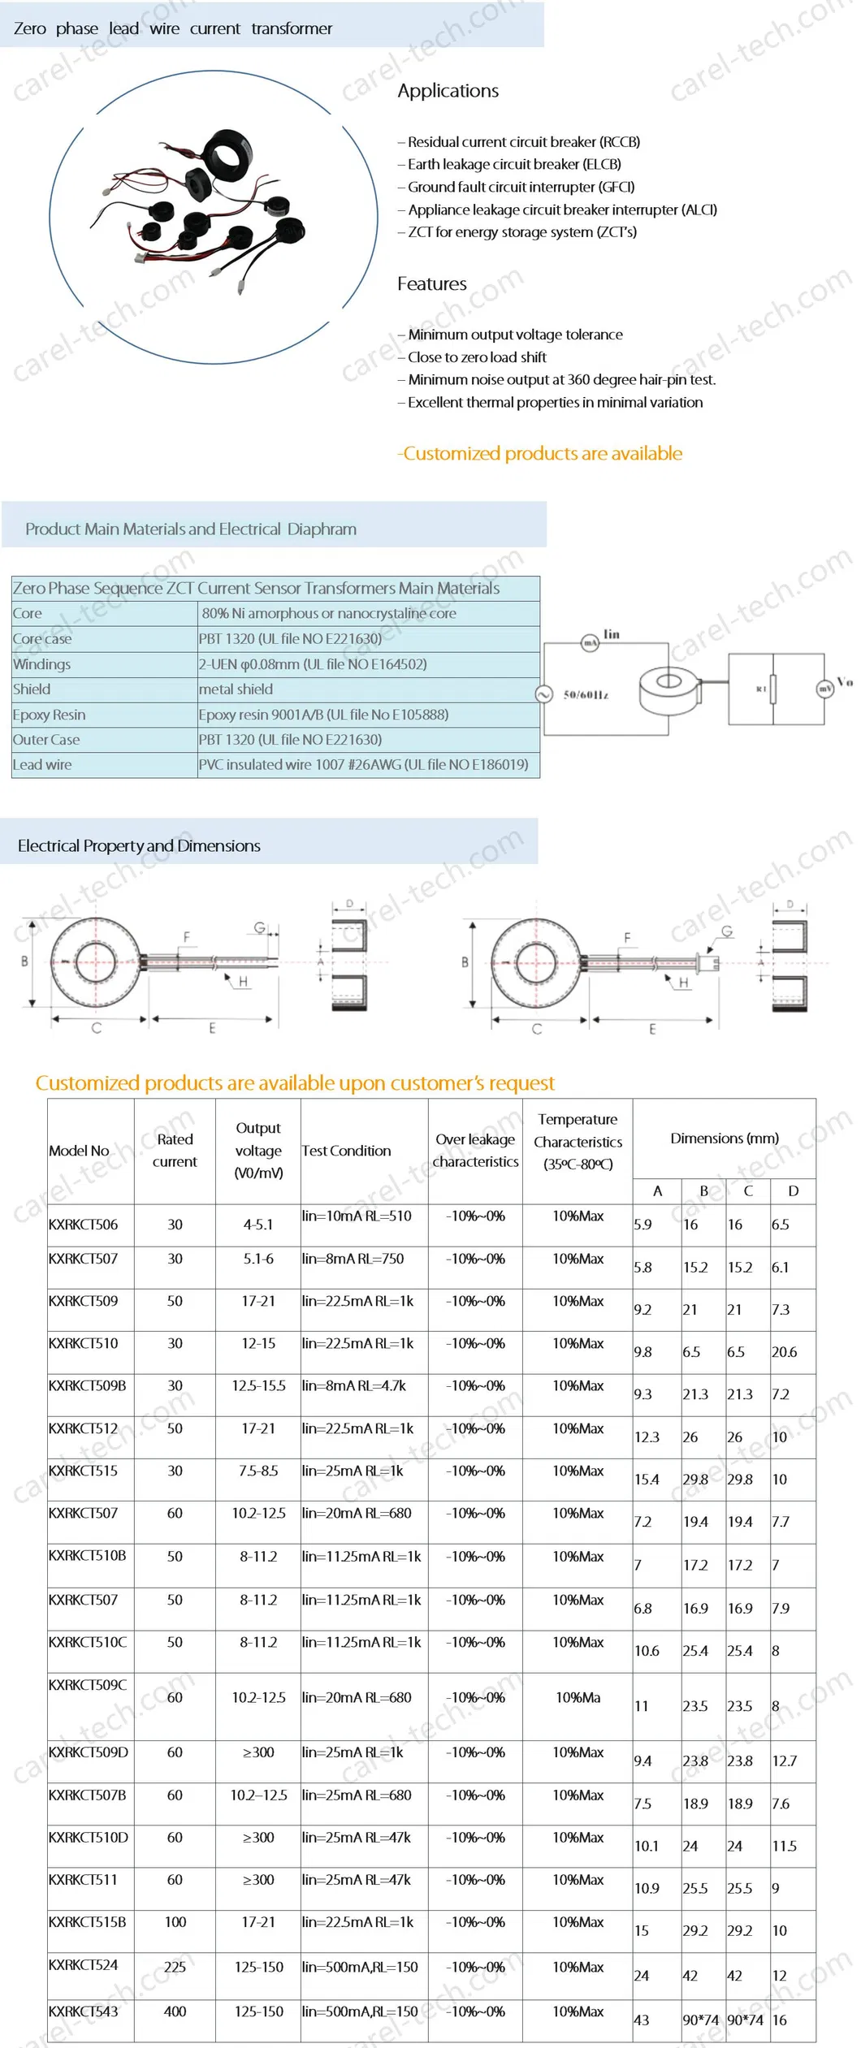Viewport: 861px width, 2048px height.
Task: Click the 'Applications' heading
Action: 448,91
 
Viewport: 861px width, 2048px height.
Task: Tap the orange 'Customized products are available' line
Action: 540,453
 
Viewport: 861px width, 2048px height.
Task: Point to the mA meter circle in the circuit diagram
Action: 590,643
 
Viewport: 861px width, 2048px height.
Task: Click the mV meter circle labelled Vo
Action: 824,689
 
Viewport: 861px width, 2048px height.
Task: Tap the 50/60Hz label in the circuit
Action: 586,695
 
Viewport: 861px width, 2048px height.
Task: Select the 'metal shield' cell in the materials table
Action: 236,689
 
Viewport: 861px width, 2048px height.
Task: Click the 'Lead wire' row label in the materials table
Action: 42,765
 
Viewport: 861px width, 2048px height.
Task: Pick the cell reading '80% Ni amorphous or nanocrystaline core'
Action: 329,614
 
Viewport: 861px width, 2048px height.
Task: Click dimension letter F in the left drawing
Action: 187,937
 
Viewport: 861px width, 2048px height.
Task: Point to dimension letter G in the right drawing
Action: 727,931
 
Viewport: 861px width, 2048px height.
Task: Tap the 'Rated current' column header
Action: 175,1151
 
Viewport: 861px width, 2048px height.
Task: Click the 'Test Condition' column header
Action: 346,1151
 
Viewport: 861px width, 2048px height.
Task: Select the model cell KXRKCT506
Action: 84,1225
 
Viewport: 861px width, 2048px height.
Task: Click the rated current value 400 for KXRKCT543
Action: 175,2011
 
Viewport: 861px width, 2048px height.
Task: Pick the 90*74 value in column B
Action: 700,2020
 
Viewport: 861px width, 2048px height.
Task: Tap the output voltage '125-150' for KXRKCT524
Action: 258,1967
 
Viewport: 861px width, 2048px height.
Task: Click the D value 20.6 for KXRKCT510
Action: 784,1352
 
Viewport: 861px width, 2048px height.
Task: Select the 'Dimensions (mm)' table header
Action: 724,1138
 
